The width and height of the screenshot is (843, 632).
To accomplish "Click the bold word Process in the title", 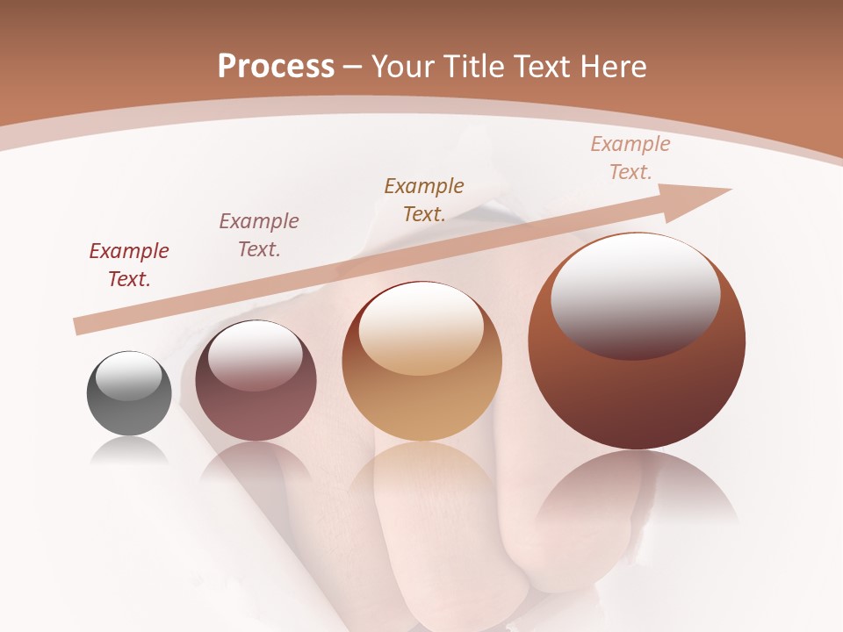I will pyautogui.click(x=276, y=67).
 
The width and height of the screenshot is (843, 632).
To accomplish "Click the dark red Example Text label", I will pyautogui.click(x=129, y=265).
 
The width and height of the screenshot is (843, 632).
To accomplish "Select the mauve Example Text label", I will pyautogui.click(x=259, y=235).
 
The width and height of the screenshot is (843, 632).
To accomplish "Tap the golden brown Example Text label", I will pyautogui.click(x=424, y=200).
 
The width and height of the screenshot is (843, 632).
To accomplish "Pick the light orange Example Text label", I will pyautogui.click(x=630, y=158).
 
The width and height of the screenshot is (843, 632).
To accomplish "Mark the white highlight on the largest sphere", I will pyautogui.click(x=635, y=294).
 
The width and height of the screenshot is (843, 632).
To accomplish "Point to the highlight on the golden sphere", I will pyautogui.click(x=421, y=328).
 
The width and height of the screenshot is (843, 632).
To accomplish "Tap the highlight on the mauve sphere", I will pyautogui.click(x=255, y=354).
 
